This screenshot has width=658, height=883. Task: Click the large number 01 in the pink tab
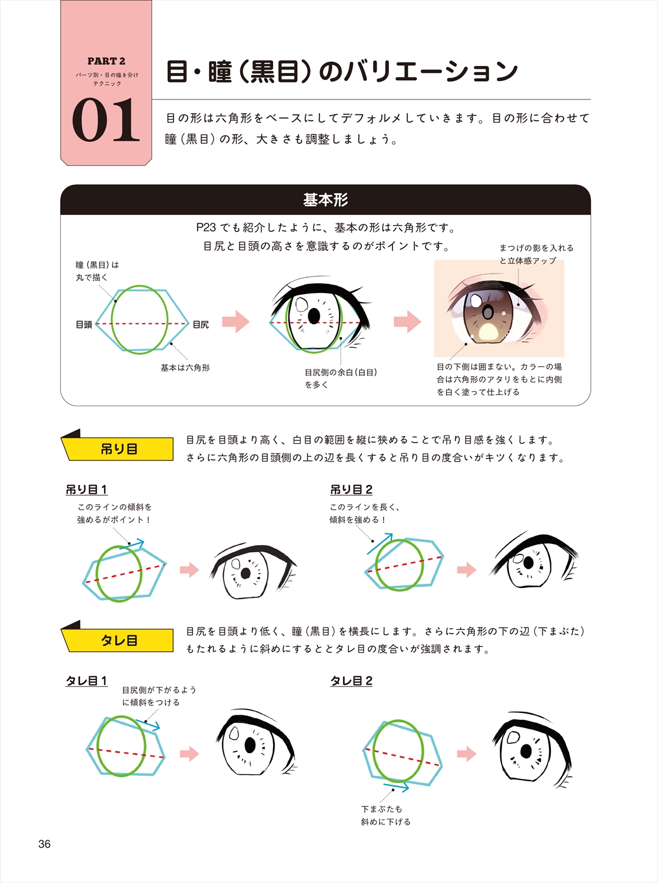(x=106, y=120)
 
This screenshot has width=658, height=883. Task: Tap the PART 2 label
(x=106, y=61)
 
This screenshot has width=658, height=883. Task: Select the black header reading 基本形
(x=325, y=200)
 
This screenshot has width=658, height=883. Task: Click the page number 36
(x=44, y=844)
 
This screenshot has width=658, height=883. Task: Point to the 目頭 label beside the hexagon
(x=84, y=324)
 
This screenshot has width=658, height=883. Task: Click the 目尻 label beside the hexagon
(x=201, y=324)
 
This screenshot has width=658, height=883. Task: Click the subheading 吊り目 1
(x=87, y=490)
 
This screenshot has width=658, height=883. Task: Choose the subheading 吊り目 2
(x=351, y=490)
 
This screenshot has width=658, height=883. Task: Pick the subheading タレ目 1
(x=87, y=680)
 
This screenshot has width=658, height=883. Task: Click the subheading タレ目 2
(x=351, y=680)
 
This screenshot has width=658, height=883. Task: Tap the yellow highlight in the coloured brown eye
(x=488, y=332)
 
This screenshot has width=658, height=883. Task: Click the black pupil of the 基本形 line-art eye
(x=314, y=316)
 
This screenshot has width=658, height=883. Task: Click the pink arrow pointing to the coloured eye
(x=407, y=321)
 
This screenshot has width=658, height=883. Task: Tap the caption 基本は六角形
(x=185, y=368)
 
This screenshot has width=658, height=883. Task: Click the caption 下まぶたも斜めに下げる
(x=386, y=815)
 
